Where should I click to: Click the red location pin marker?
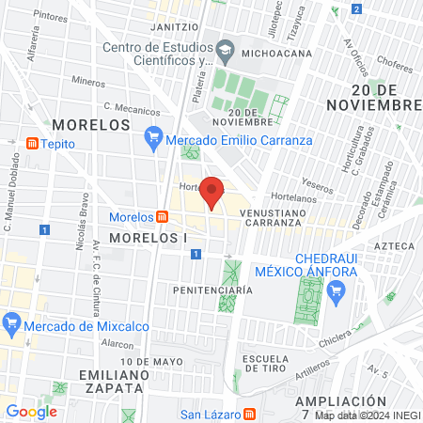pos(213,193)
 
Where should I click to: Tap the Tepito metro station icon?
pos(32,144)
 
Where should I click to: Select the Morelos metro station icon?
pos(163,217)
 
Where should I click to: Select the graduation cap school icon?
pos(226,48)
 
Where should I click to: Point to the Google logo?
pos(32,411)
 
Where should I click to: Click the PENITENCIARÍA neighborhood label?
pos(212,290)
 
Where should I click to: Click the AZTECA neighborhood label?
pos(395,245)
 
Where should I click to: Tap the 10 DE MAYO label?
pos(151,361)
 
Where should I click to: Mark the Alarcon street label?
pos(118,344)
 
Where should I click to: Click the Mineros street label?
pos(87,82)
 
